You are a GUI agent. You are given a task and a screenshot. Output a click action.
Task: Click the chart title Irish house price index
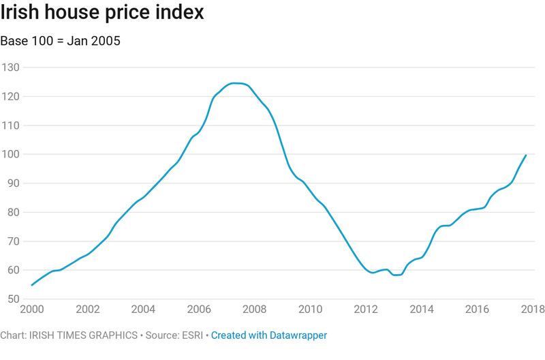pos(102,14)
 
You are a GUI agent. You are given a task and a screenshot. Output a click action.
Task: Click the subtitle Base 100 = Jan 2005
pos(61,41)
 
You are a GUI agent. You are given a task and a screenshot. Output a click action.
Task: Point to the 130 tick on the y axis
pos(12,67)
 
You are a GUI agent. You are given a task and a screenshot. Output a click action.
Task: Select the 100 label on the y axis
pos(12,154)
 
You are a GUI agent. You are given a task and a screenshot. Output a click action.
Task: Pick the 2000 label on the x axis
pos(32,308)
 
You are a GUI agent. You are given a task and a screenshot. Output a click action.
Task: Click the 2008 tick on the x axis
pos(255,308)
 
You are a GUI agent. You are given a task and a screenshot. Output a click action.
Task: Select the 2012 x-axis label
pos(367,308)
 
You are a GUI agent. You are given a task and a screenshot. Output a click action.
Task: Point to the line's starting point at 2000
pos(32,285)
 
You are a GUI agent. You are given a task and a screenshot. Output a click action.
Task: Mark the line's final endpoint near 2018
pos(526,155)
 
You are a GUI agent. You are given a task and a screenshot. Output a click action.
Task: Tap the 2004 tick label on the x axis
pos(144,308)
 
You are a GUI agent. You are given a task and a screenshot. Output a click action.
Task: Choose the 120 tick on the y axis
pos(12,96)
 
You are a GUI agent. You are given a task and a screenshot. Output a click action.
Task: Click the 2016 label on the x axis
pos(479,308)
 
